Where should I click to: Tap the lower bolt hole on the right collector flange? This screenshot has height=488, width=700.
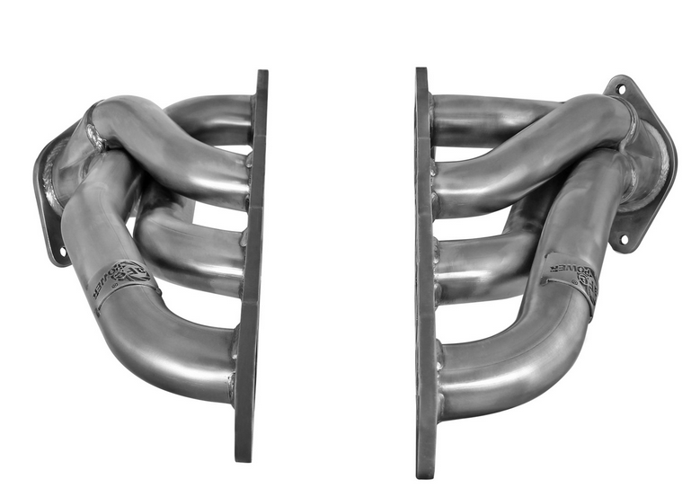(x=621, y=240)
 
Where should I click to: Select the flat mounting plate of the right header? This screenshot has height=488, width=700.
(x=424, y=270)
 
